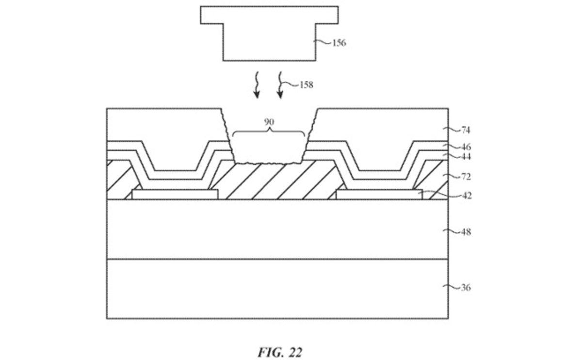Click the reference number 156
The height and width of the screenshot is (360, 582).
(x=339, y=43)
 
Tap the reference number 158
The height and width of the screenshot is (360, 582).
(x=306, y=85)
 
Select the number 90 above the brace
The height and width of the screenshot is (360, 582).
(x=269, y=122)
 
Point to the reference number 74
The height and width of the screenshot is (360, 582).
(x=465, y=130)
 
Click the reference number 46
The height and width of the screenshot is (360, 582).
(x=465, y=147)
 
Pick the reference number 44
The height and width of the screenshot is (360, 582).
(x=465, y=157)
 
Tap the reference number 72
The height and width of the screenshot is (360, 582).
(x=465, y=177)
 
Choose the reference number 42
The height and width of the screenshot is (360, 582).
(x=465, y=196)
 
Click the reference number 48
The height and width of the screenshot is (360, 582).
(x=465, y=232)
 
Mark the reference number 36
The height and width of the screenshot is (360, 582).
(x=465, y=287)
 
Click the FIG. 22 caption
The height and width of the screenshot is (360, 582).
(x=280, y=352)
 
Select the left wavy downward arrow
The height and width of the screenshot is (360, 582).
(x=257, y=85)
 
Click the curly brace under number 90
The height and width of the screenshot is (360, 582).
(x=269, y=132)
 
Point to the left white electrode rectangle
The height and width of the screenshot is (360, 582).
(x=175, y=195)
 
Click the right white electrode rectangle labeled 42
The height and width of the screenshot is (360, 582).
(x=378, y=195)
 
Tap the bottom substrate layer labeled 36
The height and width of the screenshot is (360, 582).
(x=277, y=289)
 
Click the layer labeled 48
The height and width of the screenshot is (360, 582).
(x=277, y=229)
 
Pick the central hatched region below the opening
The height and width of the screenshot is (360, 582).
(x=272, y=182)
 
